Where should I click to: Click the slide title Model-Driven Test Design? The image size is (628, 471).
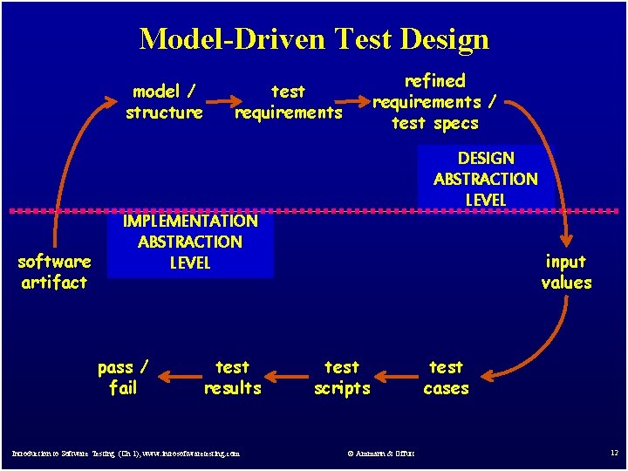coord(314,39)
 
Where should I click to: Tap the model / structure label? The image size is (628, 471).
coord(164,102)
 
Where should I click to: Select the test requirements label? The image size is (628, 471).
coord(289,102)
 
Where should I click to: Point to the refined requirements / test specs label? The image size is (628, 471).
coord(435,102)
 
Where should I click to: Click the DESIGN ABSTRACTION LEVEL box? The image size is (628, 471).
coord(486,178)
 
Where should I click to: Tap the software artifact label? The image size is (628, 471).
coord(54,272)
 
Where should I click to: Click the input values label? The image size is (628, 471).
coord(566,272)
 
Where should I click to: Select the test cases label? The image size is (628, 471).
coord(446,378)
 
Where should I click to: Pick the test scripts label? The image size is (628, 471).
coord(342,378)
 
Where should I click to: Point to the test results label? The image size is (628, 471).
coord(232,378)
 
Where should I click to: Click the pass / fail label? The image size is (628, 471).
coord(123,378)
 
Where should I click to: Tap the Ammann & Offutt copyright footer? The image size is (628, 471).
coord(381,453)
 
